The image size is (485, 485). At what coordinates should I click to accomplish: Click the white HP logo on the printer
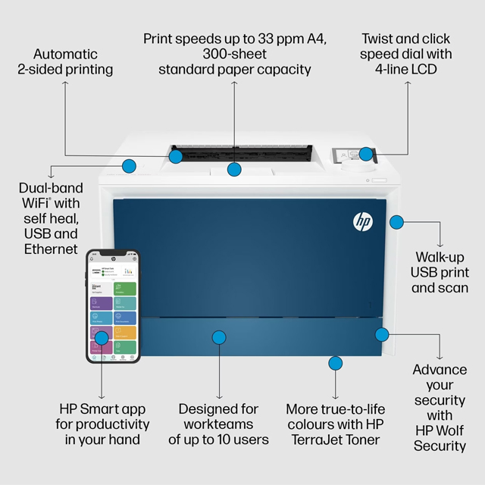coord(362,221)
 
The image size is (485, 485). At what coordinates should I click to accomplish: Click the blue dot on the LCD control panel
coord(366,155)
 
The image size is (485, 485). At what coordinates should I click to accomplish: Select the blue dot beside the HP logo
coord(396,222)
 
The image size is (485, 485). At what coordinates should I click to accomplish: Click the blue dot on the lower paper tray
coord(219,337)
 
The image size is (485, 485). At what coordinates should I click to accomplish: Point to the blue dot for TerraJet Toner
coord(335,363)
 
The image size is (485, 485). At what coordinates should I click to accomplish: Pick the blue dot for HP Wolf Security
coord(382,333)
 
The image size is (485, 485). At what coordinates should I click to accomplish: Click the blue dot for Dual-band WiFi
coord(129,164)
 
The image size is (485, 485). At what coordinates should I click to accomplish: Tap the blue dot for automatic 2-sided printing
coord(176,157)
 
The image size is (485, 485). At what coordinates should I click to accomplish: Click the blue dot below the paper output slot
coord(234,169)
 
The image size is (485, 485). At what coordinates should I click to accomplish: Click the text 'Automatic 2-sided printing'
coord(65,61)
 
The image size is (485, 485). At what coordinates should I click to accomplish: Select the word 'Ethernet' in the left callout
coord(51,249)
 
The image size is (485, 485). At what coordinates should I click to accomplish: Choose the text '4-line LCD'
coord(405,70)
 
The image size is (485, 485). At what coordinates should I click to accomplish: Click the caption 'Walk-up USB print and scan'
coord(440,272)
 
